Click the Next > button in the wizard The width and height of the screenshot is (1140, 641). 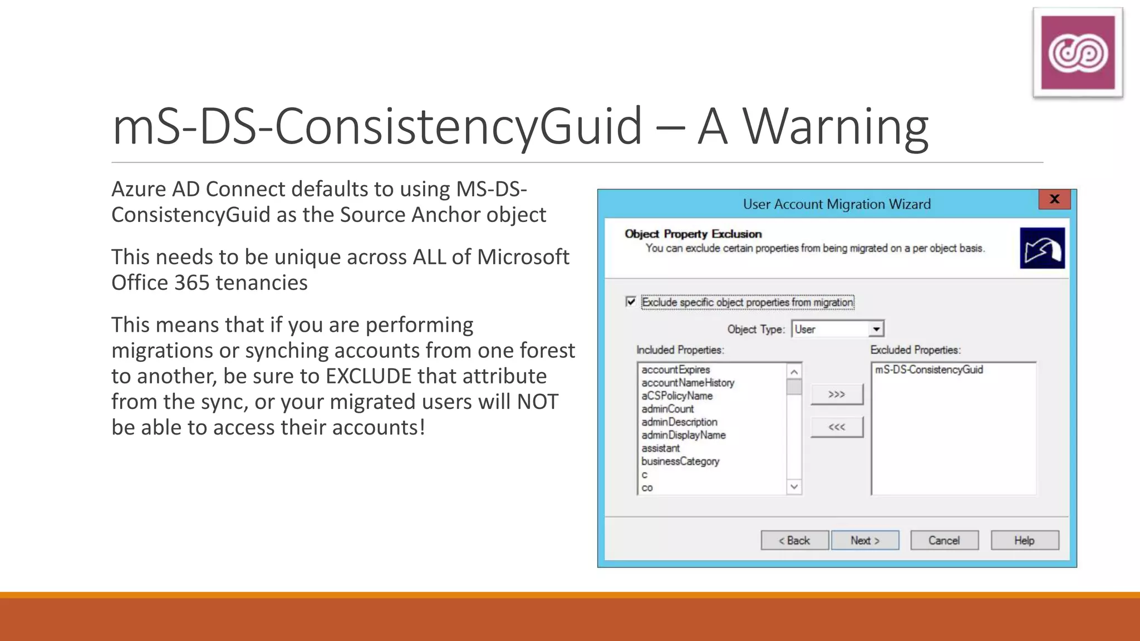(x=864, y=540)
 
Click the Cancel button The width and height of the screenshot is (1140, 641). (x=944, y=540)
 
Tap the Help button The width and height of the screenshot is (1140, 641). (x=1024, y=540)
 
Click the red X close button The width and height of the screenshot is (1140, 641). (x=1054, y=199)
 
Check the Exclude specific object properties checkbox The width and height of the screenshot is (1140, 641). (x=631, y=302)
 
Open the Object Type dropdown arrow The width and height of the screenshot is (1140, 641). (x=876, y=329)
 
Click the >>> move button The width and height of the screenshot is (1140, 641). (x=837, y=395)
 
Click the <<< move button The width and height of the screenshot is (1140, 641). (x=837, y=427)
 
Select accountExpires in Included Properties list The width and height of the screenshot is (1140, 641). (x=676, y=369)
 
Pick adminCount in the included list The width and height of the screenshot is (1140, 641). (x=667, y=409)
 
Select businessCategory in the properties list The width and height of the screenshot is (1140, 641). (x=680, y=461)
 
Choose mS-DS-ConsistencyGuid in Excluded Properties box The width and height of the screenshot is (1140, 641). (x=929, y=369)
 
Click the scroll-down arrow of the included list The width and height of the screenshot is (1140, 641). (x=794, y=487)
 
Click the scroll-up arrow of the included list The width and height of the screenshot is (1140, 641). (x=794, y=371)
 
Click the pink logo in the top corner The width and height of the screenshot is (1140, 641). (x=1078, y=53)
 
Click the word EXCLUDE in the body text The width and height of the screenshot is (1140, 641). (x=368, y=376)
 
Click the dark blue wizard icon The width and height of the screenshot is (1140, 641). (x=1042, y=248)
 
